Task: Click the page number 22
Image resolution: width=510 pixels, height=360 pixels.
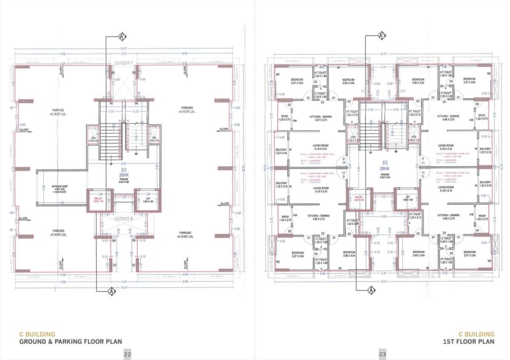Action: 127,354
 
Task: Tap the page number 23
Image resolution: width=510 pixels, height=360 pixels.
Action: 382,354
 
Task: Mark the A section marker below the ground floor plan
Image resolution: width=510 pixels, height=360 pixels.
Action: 112,291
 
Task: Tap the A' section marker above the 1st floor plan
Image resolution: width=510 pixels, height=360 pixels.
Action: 381,35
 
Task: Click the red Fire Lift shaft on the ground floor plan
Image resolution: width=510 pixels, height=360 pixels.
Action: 98,201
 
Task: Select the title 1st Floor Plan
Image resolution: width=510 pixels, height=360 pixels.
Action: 469,342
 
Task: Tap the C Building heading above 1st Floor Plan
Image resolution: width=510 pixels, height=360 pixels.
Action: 477,334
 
